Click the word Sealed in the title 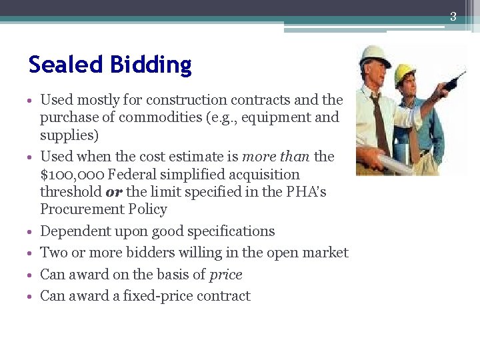[x=57, y=65]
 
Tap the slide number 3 [x=453, y=17]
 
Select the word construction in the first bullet [x=186, y=100]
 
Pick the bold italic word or [x=113, y=192]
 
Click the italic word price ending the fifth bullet [x=225, y=275]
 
